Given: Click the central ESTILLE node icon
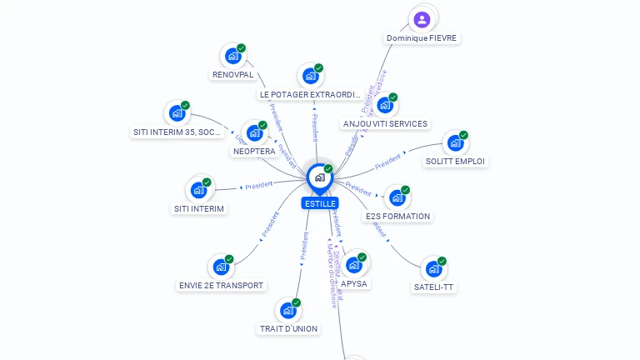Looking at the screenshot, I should coord(319,177).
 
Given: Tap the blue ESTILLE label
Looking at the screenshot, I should coord(320,203).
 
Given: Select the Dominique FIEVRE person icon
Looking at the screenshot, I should coord(422,18).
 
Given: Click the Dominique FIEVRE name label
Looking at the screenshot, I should coord(422,38).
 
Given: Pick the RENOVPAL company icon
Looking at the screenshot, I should coord(232,57).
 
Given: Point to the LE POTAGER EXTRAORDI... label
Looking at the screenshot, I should coord(310,95).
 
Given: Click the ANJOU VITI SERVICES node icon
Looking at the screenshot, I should coord(384,105).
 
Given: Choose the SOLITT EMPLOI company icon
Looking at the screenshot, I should coord(454,143).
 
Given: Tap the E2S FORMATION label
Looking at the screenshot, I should coord(397,217).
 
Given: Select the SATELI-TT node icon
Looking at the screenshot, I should coord(433,269).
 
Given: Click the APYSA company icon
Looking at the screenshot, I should coord(353,265).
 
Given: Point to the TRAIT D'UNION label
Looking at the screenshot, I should coord(288,328).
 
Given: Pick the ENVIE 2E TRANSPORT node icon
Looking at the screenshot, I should coord(221,267).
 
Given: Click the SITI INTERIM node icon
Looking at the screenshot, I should coord(198,190).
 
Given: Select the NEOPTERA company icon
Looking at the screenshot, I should coord(254,133).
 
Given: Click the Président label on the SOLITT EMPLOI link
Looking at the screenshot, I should coord(387,158).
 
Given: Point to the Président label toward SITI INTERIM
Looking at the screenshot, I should coord(258,185).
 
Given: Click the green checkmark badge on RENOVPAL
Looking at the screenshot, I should coord(241,48).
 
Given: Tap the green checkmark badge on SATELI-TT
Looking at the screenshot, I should coord(442,261).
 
